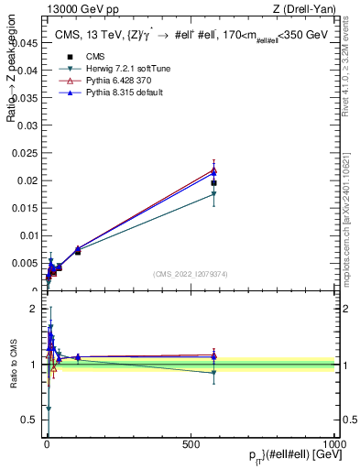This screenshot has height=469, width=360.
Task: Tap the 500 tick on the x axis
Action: click(191, 443)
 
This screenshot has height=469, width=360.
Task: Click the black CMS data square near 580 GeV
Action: click(213, 183)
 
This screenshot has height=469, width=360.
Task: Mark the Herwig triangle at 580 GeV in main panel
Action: click(213, 194)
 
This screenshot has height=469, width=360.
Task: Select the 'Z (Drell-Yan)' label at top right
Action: click(305, 9)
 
